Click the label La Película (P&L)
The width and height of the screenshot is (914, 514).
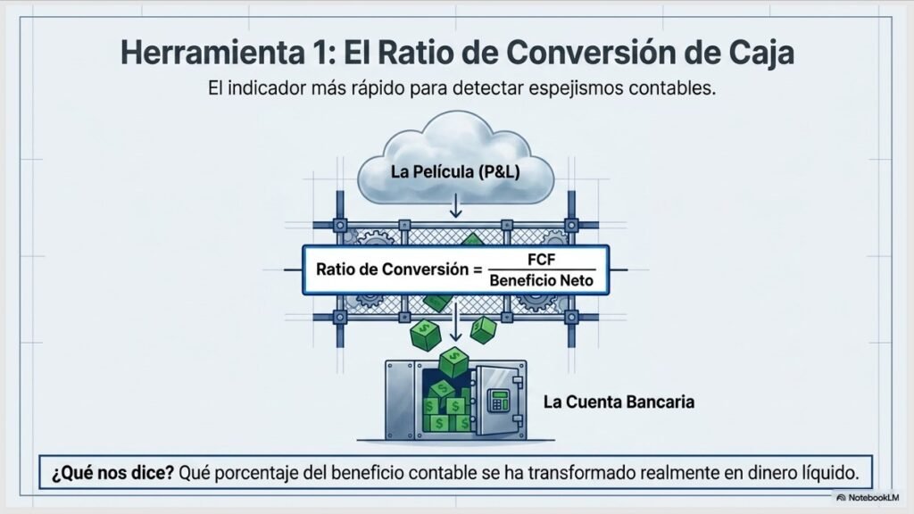click(x=454, y=172)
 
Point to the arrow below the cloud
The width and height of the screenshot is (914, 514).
click(x=456, y=206)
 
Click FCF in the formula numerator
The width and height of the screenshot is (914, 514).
click(x=541, y=260)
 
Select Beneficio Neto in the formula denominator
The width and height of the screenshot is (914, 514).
click(x=541, y=281)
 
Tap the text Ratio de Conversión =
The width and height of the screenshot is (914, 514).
click(x=400, y=269)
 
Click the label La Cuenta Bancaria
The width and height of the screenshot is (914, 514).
click(x=619, y=402)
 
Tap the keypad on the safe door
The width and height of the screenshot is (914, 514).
click(x=498, y=401)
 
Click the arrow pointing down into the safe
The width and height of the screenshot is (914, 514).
click(x=456, y=320)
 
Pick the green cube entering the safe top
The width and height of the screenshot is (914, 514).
click(x=453, y=362)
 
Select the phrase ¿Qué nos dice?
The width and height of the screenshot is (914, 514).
click(x=112, y=473)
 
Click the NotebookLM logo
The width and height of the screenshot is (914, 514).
click(x=868, y=498)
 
